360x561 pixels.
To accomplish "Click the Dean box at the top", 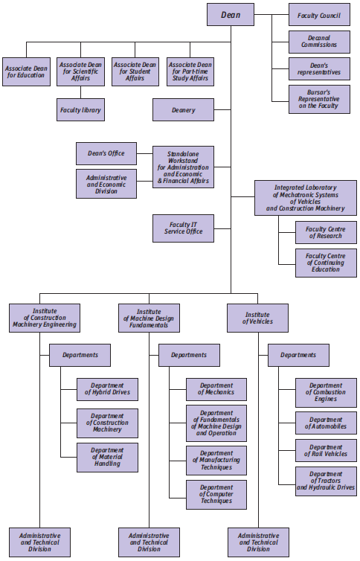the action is (231, 15).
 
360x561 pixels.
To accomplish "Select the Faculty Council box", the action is (319, 15).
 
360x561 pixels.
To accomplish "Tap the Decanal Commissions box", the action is (319, 42).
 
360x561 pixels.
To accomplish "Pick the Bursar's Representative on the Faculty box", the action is (319, 99).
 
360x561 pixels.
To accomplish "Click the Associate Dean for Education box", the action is (27, 71).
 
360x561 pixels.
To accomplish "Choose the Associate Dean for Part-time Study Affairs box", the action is (190, 71).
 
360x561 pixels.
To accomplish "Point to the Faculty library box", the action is (81, 110).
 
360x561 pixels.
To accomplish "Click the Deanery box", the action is (184, 110).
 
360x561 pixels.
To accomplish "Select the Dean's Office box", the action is (106, 153).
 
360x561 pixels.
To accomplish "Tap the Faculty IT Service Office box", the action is (184, 228).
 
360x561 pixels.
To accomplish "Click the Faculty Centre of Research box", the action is (326, 233).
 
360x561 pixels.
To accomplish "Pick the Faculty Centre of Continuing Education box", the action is (326, 263).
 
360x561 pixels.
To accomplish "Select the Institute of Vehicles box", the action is (258, 318).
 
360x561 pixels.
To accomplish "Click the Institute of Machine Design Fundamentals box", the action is (149, 318).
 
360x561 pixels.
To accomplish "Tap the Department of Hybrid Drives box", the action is (107, 389).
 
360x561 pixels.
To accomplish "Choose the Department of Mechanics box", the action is (216, 389).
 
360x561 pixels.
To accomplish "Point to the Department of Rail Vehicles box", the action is (326, 450).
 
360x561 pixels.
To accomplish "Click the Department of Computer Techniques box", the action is (216, 495).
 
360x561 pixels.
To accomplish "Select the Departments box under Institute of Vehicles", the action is (298, 356).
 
